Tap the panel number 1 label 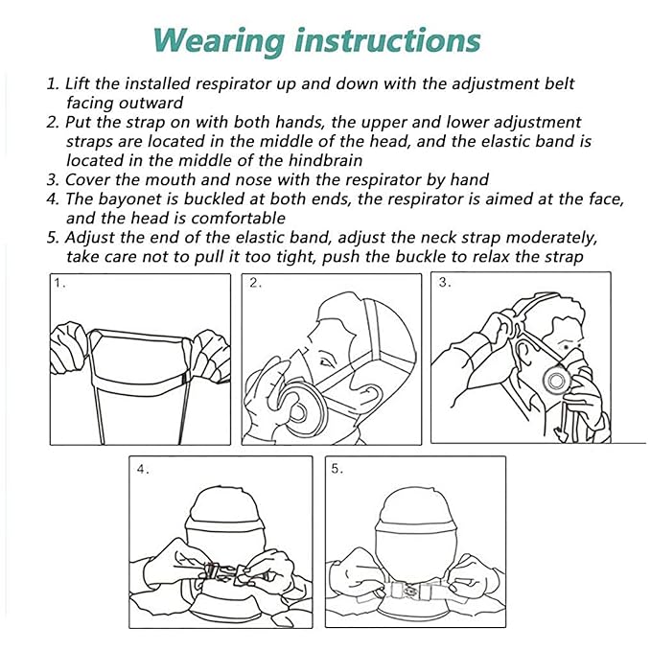click(59, 284)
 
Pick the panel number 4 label click(143, 469)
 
